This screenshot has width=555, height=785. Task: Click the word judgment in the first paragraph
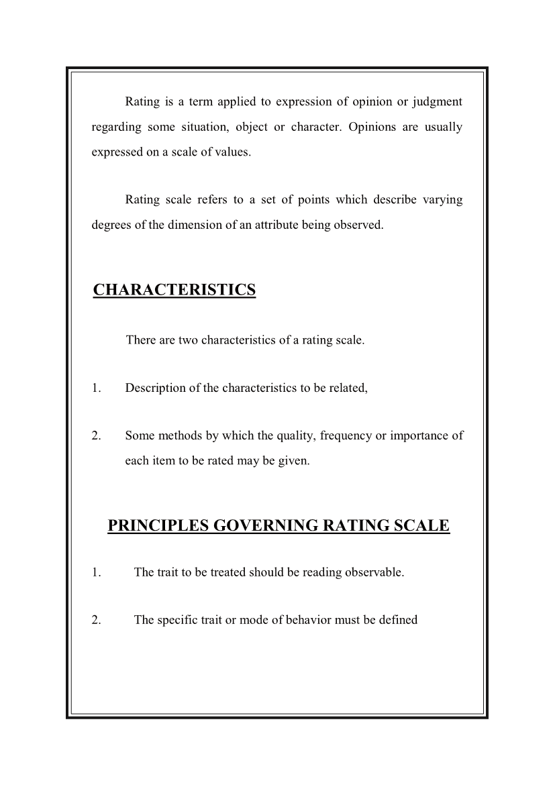click(437, 102)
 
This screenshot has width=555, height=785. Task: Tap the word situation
click(197, 127)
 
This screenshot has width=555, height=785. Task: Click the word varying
click(441, 200)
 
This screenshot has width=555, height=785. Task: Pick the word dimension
click(194, 225)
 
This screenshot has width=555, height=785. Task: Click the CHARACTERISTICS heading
click(174, 290)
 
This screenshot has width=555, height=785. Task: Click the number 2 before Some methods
click(96, 436)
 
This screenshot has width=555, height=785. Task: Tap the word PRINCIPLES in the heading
click(158, 525)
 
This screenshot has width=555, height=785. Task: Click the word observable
click(374, 572)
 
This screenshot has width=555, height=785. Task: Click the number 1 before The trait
click(96, 572)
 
